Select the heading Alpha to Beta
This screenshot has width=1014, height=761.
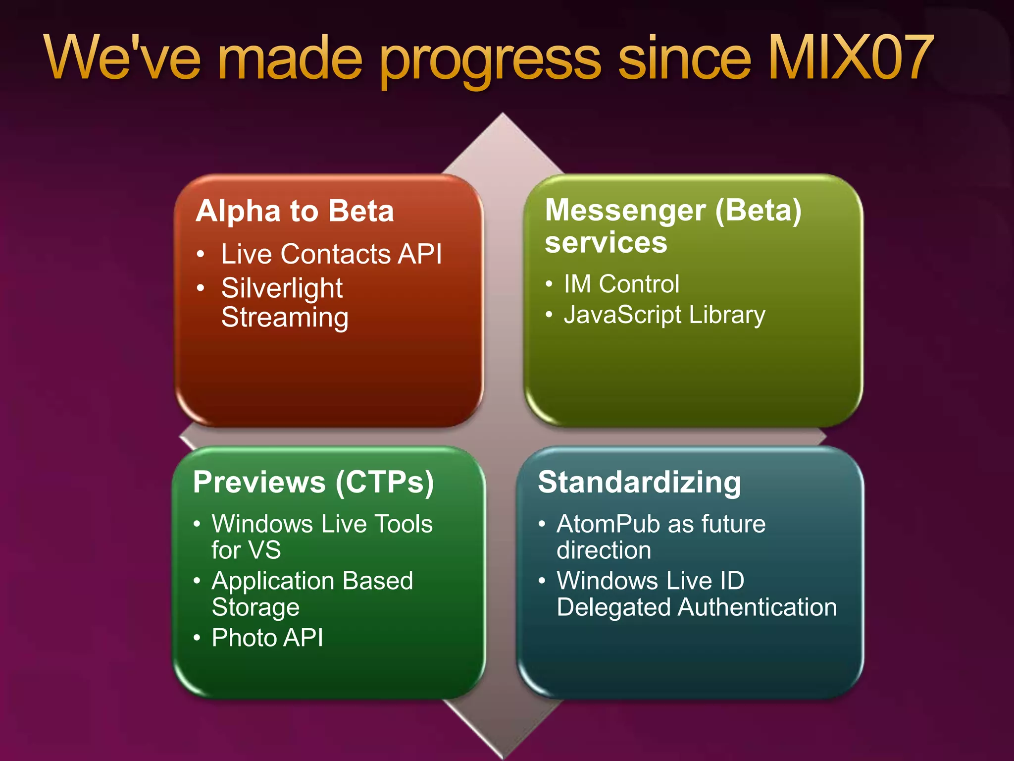[x=295, y=211]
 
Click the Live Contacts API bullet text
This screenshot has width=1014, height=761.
[x=331, y=254]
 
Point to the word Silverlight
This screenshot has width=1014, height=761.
[x=282, y=288]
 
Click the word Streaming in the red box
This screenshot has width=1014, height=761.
[x=285, y=318]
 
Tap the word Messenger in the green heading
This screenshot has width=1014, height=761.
[x=625, y=211]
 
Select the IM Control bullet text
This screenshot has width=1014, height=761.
[x=621, y=284]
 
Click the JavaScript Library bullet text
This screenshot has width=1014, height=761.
[x=664, y=315]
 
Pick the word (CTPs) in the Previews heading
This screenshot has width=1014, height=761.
[x=385, y=482]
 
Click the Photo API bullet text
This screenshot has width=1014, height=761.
[x=267, y=638]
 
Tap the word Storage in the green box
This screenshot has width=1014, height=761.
[x=255, y=607]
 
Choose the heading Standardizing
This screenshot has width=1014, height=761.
[x=639, y=482]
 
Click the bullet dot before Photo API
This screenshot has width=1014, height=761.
[x=197, y=638]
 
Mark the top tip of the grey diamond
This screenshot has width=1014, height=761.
[x=503, y=114]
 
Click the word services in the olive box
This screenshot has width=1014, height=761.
[x=606, y=243]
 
